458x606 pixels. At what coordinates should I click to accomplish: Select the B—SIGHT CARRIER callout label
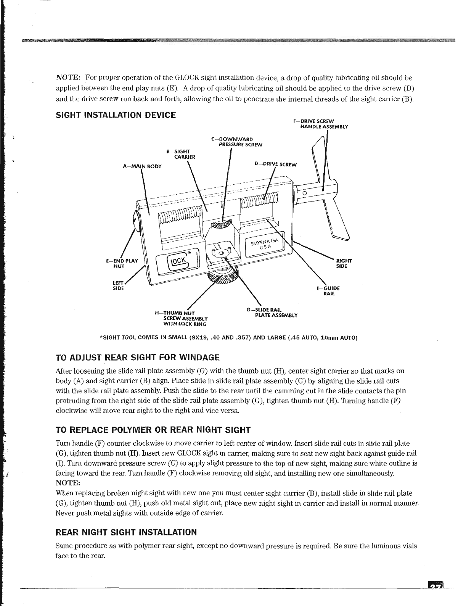coord(181,154)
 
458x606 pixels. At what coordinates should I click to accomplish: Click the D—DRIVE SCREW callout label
coord(275,164)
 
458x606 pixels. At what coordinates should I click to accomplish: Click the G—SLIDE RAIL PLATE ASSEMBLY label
coord(272,313)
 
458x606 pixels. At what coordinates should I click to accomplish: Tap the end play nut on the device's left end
coord(135,221)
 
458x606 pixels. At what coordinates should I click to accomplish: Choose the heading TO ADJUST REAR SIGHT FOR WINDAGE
coord(137,358)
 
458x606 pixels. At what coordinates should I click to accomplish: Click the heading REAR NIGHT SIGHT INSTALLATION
coord(126,532)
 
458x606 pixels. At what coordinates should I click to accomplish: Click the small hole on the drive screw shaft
coord(304,194)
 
